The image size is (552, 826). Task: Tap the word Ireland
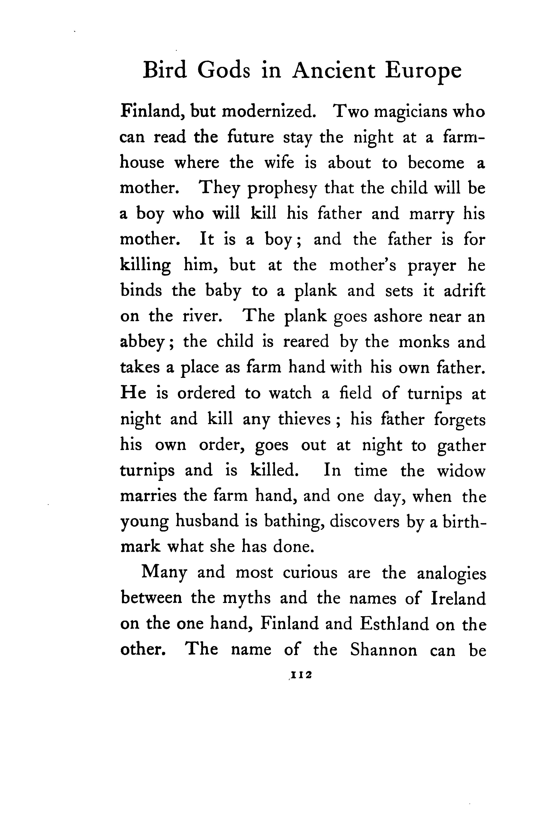pos(458,598)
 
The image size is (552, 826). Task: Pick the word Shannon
pos(383,649)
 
